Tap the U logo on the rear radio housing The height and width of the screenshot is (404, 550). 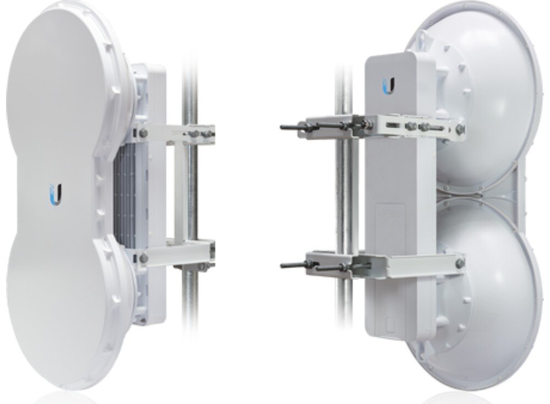(x=389, y=87)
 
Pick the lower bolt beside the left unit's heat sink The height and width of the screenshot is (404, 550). (x=144, y=256)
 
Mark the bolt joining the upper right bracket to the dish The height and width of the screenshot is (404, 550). (x=460, y=130)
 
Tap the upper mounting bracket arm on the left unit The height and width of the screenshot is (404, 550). (x=176, y=132)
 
